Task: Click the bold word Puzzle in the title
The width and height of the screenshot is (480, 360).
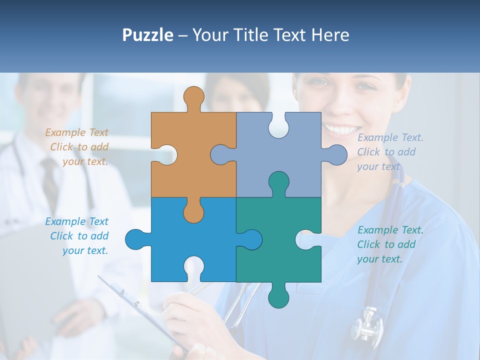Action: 147,35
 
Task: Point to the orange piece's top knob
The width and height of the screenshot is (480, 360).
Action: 193,97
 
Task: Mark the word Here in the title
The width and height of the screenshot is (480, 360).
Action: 330,35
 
